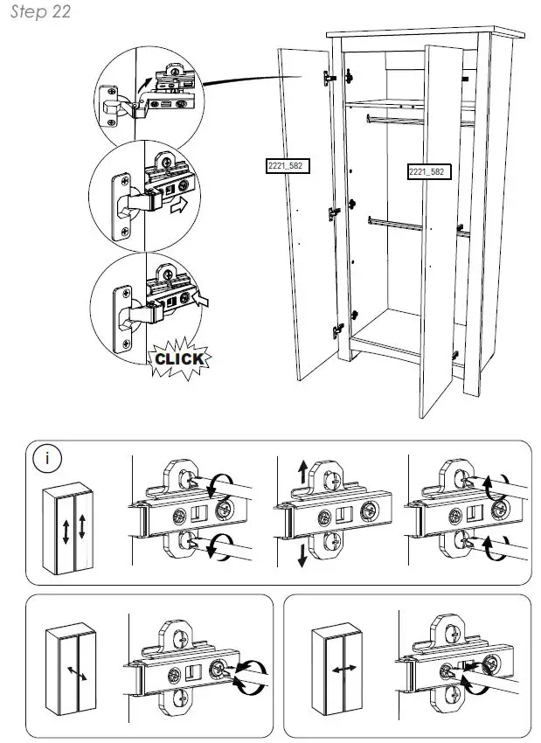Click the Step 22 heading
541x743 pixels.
[40, 12]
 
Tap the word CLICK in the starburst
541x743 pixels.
[179, 358]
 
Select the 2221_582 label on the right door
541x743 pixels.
[427, 172]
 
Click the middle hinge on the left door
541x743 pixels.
[333, 211]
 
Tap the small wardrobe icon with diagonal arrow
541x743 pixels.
[73, 669]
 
